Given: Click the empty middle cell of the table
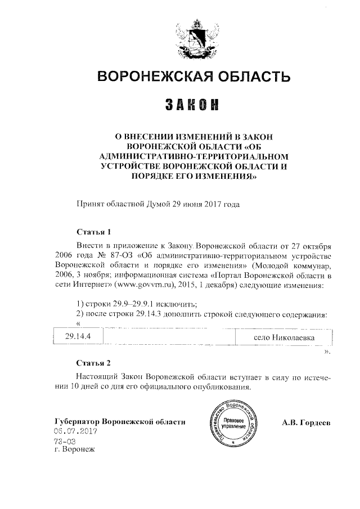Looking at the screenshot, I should click(169, 337).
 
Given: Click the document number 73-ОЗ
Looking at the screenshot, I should click(60, 442).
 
